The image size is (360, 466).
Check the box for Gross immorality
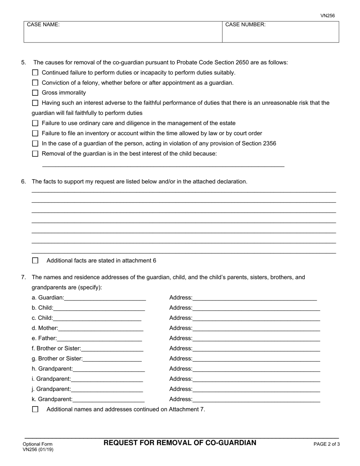[35, 93]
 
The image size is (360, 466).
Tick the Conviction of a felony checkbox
[35, 83]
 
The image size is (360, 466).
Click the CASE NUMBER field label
[245, 25]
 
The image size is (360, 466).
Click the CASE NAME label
[43, 25]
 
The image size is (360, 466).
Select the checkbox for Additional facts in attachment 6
[35, 261]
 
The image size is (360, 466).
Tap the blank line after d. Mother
[100, 328]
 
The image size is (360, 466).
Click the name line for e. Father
[99, 338]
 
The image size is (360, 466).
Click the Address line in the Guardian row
[254, 298]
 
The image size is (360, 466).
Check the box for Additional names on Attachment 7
[35, 409]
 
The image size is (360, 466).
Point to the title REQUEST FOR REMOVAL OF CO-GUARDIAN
[180, 443]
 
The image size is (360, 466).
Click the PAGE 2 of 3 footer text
[326, 444]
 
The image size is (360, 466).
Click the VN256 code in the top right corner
[327, 16]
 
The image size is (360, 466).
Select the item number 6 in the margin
[23, 181]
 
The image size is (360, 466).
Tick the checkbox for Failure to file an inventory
[35, 133]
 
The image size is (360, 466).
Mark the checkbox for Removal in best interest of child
[35, 154]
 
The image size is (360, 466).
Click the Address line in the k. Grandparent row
[256, 399]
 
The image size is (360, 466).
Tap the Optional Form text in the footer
[38, 444]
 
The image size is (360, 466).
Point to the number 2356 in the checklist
[269, 144]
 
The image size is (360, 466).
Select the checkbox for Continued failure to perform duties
[35, 73]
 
